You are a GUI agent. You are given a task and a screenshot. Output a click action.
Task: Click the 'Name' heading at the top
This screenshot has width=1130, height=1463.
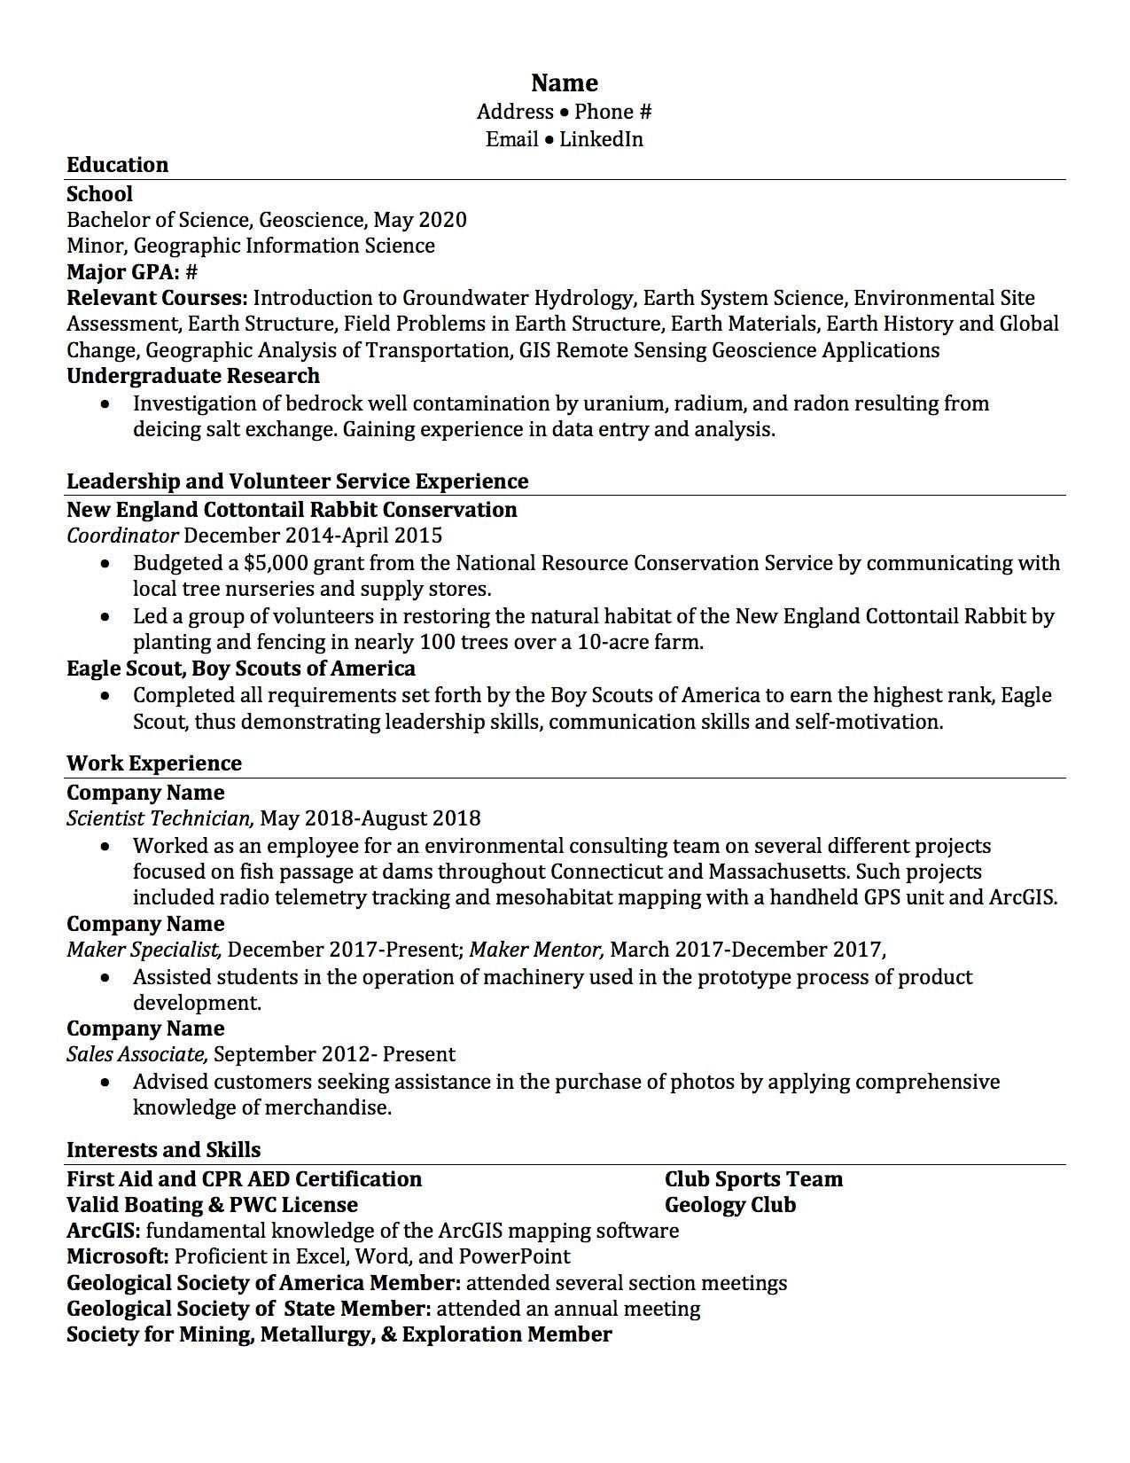click(x=565, y=83)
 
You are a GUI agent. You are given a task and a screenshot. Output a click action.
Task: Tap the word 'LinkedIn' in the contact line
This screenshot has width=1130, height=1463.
click(x=601, y=139)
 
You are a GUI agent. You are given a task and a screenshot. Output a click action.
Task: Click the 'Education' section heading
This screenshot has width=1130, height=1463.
click(x=117, y=165)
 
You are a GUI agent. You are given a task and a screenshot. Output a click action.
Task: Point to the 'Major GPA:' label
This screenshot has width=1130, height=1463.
click(x=124, y=272)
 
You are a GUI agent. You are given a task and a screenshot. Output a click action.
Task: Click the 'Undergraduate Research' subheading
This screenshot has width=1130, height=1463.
click(x=192, y=376)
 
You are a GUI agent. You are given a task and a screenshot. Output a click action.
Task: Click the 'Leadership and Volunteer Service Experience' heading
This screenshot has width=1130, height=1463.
click(x=297, y=481)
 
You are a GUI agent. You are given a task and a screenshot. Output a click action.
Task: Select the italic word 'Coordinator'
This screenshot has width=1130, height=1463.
click(x=122, y=536)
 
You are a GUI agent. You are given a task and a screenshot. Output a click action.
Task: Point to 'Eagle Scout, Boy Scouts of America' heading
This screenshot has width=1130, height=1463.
click(x=240, y=669)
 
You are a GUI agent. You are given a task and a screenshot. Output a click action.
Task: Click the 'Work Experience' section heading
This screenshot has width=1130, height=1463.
click(x=153, y=763)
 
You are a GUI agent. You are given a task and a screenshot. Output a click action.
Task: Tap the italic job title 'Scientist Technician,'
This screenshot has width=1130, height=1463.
click(x=160, y=818)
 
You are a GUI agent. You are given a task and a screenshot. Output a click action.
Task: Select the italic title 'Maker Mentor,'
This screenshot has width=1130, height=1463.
click(x=536, y=950)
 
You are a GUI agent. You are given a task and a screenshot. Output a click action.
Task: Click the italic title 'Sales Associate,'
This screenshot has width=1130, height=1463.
click(x=137, y=1054)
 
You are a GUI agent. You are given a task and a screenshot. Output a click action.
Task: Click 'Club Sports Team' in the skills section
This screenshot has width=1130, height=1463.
click(x=753, y=1179)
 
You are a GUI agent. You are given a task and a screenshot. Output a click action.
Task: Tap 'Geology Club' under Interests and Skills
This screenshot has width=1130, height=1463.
click(x=730, y=1205)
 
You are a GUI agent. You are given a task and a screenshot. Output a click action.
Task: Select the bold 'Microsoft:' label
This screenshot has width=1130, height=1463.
click(x=117, y=1256)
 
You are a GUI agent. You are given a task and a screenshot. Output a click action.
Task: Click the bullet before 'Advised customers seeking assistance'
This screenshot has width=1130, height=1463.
click(x=106, y=1083)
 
